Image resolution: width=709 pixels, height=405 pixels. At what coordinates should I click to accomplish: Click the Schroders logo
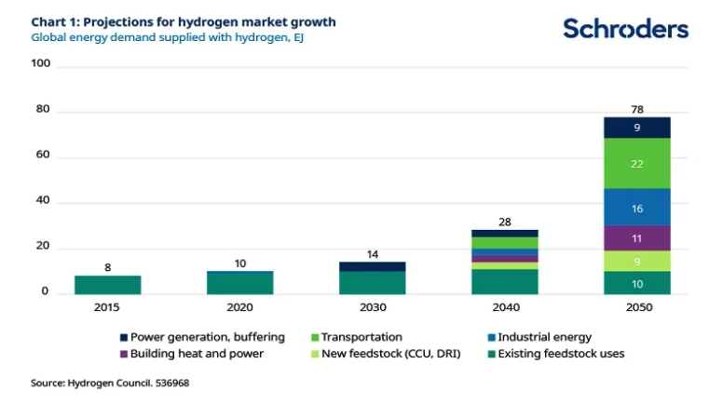[x=625, y=28]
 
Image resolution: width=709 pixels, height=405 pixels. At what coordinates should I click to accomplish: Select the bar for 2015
[x=107, y=285]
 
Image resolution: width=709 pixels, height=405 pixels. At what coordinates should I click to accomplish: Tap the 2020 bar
[x=240, y=282]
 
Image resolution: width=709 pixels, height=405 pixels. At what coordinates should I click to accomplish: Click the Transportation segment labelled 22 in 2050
[x=636, y=164]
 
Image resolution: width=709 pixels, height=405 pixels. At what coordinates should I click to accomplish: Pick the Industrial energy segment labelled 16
[x=636, y=208]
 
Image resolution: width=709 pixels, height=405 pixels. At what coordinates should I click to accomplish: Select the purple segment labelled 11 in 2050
[x=636, y=238]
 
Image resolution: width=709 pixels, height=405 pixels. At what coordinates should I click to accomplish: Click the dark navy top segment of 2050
[x=636, y=128]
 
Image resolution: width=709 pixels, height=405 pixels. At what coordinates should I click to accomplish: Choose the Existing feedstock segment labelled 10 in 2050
[x=636, y=283]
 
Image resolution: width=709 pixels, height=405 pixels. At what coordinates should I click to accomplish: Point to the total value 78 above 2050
[x=636, y=110]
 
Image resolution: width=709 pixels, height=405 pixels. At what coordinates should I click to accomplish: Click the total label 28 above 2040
[x=504, y=223]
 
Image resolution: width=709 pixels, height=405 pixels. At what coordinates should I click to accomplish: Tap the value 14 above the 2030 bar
[x=372, y=254]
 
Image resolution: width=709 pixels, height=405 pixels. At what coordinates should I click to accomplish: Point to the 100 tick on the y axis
[x=40, y=66]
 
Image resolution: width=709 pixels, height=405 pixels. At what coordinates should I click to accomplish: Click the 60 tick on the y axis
[x=43, y=157]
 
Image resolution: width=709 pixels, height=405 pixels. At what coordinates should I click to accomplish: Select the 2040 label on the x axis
[x=504, y=307]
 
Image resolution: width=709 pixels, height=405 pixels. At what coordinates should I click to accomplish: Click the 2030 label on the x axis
[x=372, y=307]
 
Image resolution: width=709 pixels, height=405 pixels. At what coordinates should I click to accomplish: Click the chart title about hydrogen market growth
[x=184, y=21]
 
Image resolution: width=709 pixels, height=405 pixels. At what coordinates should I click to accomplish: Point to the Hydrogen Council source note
[x=116, y=383]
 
